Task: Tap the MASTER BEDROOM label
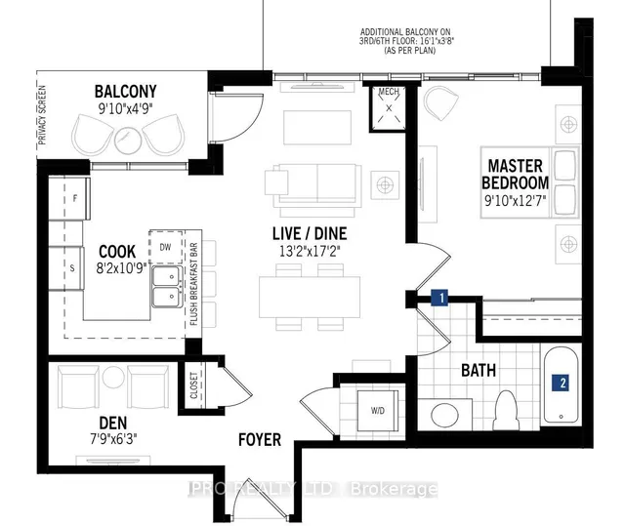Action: click(x=515, y=175)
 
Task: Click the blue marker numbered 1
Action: click(x=440, y=297)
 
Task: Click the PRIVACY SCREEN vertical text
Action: click(x=42, y=112)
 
